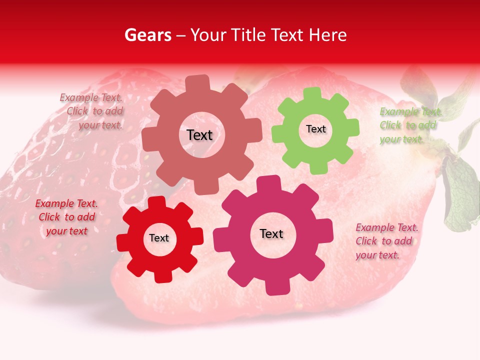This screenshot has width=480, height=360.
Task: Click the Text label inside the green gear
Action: (x=315, y=129)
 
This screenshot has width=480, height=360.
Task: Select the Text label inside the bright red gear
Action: (x=159, y=238)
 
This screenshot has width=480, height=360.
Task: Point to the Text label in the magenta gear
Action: (x=271, y=234)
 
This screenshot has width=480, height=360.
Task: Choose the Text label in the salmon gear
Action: (x=199, y=135)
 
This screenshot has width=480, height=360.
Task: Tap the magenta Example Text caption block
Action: (x=386, y=241)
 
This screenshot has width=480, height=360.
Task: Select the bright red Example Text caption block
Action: (x=66, y=217)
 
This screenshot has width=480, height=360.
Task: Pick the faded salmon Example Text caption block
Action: (x=92, y=111)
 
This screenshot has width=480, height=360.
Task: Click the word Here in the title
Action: (x=327, y=35)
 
